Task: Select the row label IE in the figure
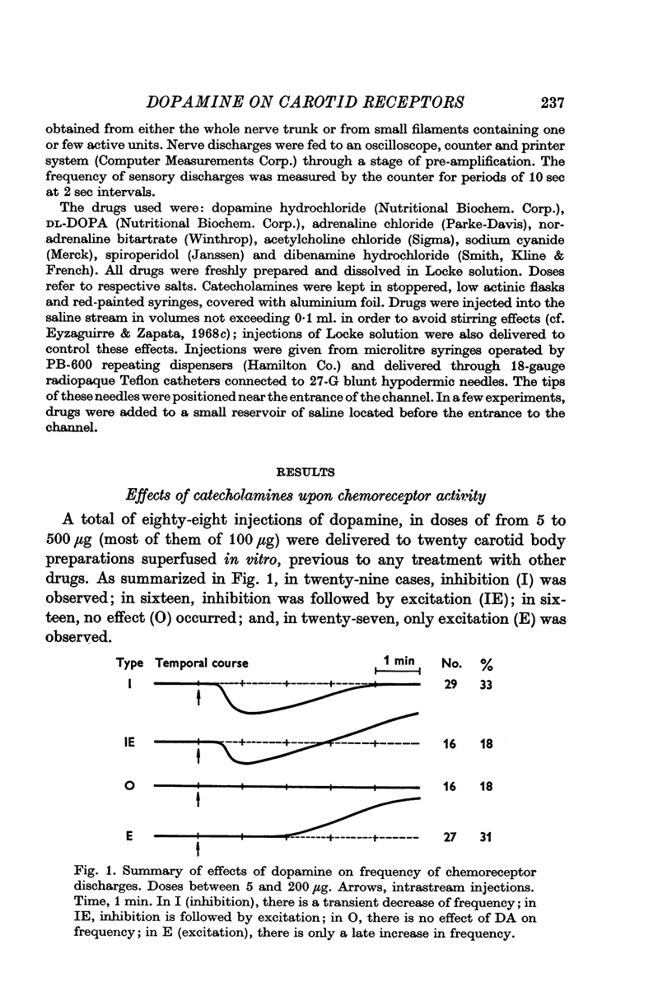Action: (128, 742)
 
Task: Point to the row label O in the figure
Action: (128, 787)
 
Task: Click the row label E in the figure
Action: (128, 835)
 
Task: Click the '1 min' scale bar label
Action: (398, 659)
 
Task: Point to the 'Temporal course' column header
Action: (202, 663)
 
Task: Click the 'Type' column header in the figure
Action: (132, 663)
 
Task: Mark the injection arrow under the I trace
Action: (199, 698)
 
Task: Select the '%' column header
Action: (487, 663)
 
